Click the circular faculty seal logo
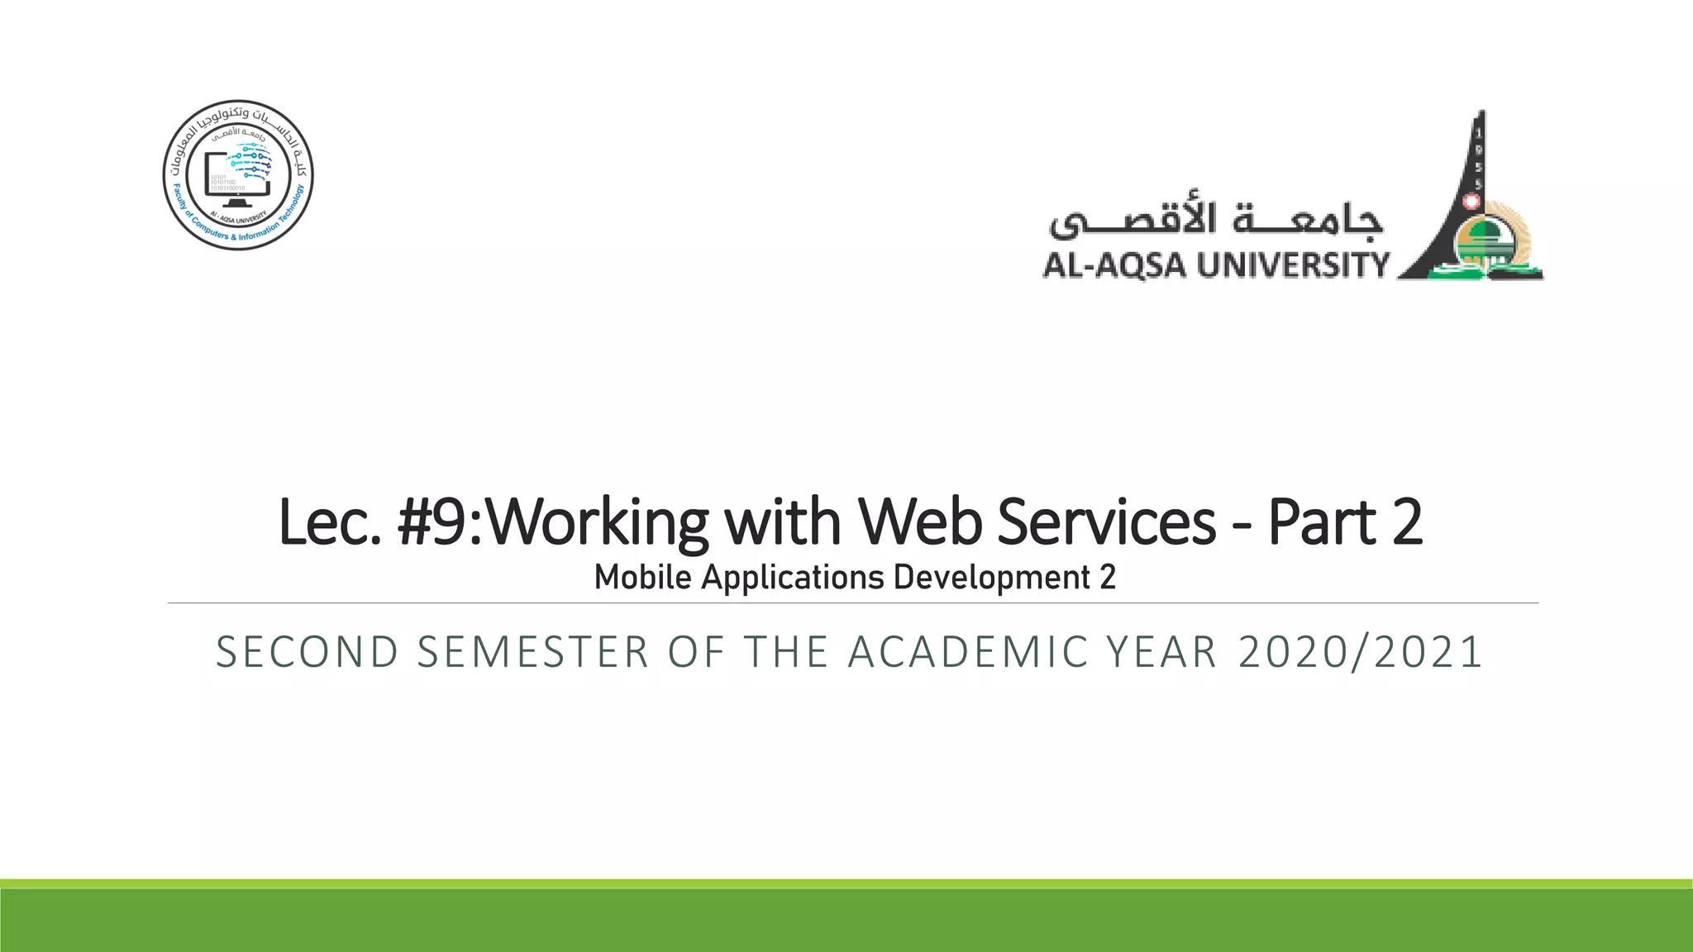pos(238,175)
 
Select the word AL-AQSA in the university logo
pos(1114,266)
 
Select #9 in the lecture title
pos(435,522)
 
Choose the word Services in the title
pos(1107,522)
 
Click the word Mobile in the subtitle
pos(642,577)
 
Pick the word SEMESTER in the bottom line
pos(533,652)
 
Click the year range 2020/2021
pos(1360,652)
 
